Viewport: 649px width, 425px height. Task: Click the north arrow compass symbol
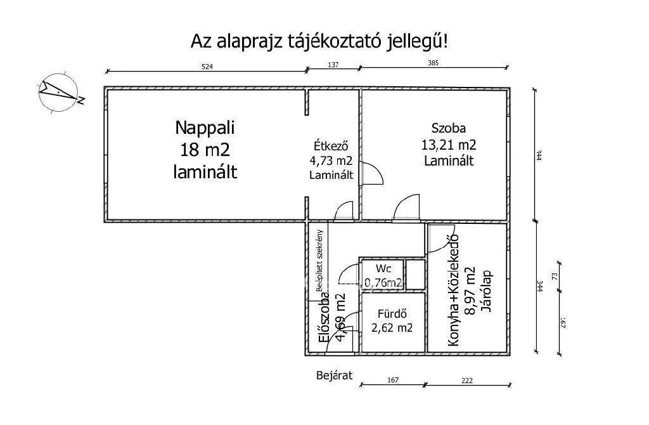click(x=58, y=93)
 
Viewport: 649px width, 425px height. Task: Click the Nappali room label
click(x=205, y=128)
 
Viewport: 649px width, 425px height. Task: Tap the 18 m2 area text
click(x=205, y=150)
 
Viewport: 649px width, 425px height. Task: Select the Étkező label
click(x=331, y=145)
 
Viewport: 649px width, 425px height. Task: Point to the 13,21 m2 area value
click(x=449, y=144)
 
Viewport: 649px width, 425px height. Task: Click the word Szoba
click(x=449, y=128)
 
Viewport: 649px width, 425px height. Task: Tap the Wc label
click(x=383, y=268)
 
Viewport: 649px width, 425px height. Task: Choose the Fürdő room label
click(x=391, y=313)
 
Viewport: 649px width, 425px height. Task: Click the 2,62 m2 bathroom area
click(x=392, y=328)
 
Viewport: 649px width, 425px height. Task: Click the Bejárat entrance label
click(x=334, y=376)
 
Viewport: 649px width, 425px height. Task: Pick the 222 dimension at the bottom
click(x=467, y=381)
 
